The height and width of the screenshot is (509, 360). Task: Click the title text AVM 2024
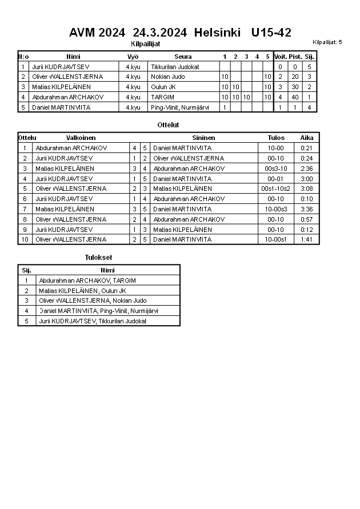coord(93,33)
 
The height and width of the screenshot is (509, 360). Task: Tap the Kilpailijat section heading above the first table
coord(145,43)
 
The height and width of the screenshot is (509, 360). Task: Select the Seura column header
coord(183,57)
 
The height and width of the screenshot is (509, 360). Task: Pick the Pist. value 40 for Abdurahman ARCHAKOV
coord(295,97)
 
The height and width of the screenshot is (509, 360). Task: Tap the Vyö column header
coord(133,57)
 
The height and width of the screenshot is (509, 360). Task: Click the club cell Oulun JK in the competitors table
coord(163,87)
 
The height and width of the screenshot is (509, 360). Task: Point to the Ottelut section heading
coord(168,125)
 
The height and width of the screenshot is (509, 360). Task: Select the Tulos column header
coord(276,138)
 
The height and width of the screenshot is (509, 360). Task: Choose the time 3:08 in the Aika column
coord(306,189)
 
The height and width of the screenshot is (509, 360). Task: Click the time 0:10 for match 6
coord(306,199)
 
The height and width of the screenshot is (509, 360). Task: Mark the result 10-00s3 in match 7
coord(276,209)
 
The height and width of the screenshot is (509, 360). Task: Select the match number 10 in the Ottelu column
coord(25,239)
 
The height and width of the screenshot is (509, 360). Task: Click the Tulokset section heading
coord(98,258)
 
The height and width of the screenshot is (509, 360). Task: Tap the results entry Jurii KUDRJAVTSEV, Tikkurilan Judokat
coord(93,321)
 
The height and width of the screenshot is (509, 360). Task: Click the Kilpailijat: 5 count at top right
coord(327,42)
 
